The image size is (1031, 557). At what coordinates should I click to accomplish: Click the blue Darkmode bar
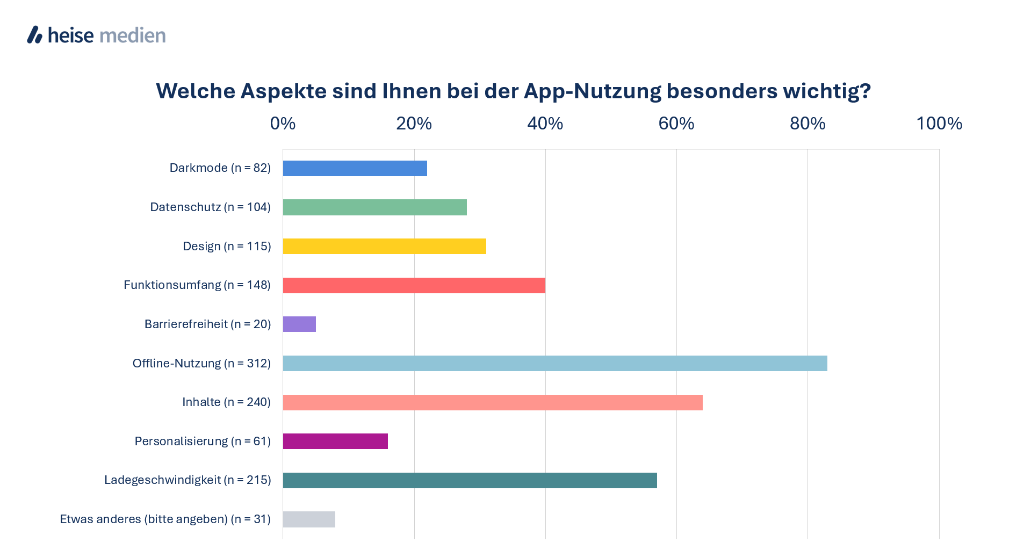355,168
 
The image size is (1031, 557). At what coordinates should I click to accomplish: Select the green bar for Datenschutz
374,207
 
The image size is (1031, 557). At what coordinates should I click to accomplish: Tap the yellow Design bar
384,247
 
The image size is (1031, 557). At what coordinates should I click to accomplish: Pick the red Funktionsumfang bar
414,285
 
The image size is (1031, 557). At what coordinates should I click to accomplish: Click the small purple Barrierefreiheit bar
299,324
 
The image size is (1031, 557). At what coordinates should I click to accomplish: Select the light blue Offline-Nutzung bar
554,363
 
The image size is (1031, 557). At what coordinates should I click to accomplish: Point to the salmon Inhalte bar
492,402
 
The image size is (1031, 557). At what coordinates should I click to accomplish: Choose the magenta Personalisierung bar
335,442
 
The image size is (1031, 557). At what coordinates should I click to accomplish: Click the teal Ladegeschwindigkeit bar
470,480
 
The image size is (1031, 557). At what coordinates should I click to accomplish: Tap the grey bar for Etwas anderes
309,519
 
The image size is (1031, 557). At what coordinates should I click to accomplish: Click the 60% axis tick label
676,124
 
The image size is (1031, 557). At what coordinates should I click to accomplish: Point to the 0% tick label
283,124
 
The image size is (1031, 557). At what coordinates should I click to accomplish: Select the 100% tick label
939,124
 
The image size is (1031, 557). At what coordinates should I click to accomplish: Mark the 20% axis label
414,124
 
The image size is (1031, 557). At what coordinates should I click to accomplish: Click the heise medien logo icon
35,35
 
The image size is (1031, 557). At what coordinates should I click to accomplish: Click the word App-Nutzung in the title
592,91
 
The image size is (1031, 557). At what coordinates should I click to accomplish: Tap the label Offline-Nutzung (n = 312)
201,364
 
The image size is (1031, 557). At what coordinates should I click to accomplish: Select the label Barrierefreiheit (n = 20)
207,324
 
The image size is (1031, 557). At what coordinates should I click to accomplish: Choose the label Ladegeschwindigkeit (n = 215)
188,480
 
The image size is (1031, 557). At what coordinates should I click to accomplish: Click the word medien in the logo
133,35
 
